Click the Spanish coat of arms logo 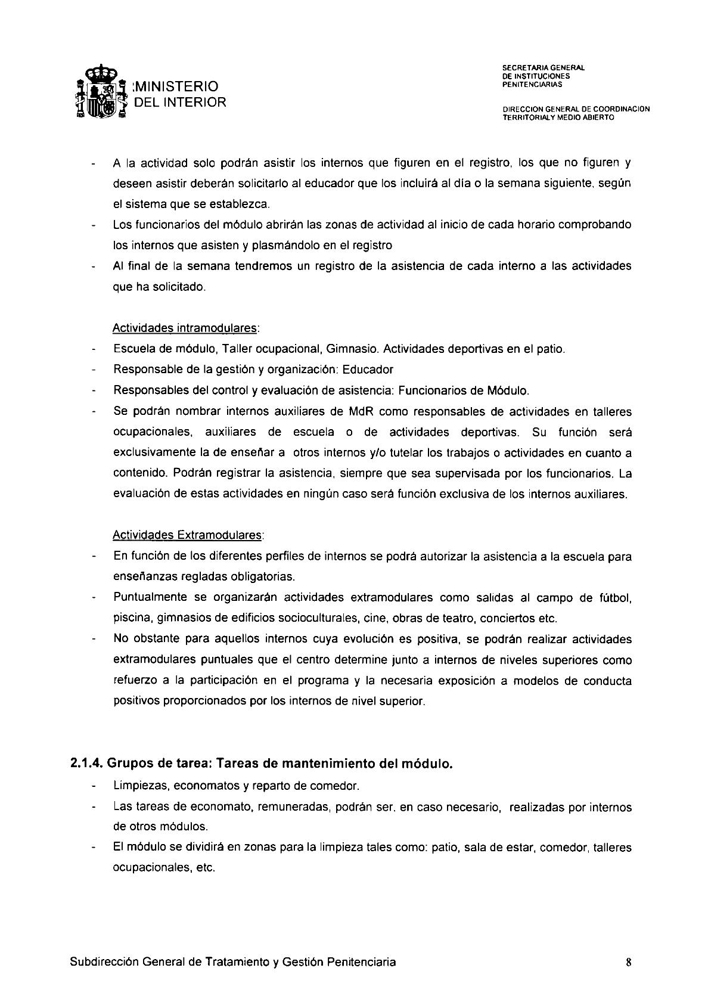pyautogui.click(x=100, y=94)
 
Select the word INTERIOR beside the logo pyautogui.click(x=194, y=103)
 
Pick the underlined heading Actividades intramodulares pyautogui.click(x=186, y=328)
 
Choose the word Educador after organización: pyautogui.click(x=368, y=370)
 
